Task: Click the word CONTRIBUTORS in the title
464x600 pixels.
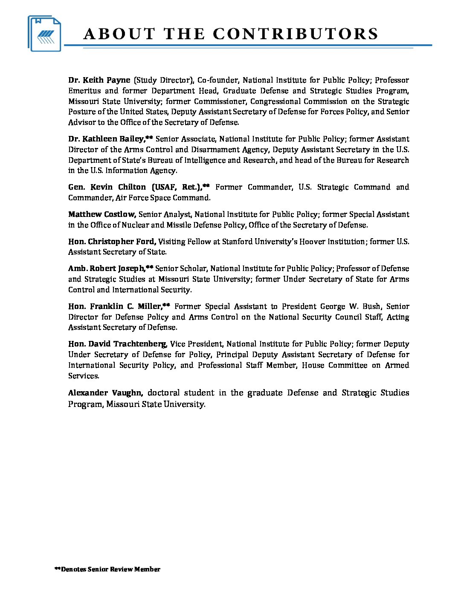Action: [295, 34]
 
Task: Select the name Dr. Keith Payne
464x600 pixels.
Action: [99, 80]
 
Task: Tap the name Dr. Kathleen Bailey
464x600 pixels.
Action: [106, 139]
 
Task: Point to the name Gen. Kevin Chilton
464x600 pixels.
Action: [107, 187]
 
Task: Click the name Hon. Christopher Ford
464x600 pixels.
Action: [111, 242]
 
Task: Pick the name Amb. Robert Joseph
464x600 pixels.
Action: [106, 268]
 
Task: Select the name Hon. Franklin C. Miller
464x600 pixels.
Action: [115, 306]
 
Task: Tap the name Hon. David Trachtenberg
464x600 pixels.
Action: [117, 344]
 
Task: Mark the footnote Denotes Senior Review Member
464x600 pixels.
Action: [107, 569]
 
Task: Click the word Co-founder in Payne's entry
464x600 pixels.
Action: [217, 80]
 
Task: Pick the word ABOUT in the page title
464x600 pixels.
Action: [119, 34]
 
